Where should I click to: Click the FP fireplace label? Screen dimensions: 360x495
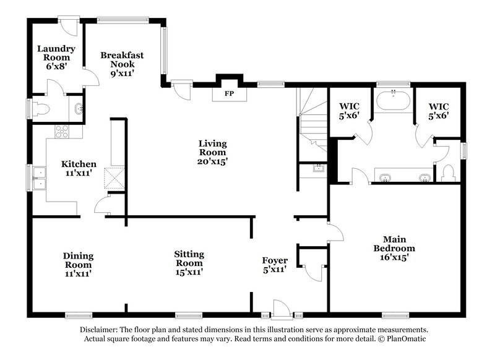tap(229, 94)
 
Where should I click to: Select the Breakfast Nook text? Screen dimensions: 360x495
tap(122, 64)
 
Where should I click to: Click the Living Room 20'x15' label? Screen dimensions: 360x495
tap(212, 152)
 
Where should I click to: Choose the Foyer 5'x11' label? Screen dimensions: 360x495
tap(275, 265)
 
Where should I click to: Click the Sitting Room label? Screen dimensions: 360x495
tap(189, 262)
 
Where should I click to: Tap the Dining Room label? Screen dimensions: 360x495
tap(78, 264)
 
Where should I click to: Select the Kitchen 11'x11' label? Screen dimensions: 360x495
tap(79, 169)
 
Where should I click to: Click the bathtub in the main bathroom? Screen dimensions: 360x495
tap(394, 100)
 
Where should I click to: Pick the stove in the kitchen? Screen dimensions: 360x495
tap(62, 131)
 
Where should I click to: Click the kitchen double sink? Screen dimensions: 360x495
tap(38, 178)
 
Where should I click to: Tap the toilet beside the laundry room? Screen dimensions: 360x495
tap(41, 110)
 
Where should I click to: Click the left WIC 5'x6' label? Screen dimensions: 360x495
tap(350, 110)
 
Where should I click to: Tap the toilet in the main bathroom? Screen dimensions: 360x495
tap(449, 172)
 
